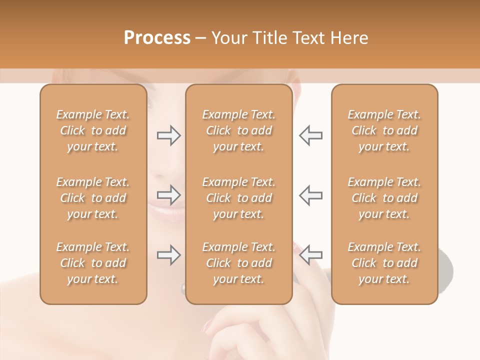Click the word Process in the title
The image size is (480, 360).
[157, 38]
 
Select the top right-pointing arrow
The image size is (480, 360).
[168, 135]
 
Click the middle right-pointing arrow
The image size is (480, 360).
[168, 195]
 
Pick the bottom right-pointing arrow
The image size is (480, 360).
[168, 255]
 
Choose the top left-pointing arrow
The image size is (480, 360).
[311, 135]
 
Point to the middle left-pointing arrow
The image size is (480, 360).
[311, 195]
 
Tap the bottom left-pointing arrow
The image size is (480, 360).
[311, 255]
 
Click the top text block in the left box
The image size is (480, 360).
[93, 130]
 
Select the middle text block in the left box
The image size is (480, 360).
[93, 198]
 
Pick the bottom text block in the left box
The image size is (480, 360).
[93, 263]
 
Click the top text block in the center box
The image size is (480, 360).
[239, 130]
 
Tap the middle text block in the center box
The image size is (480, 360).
[239, 198]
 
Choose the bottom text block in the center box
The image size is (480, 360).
[239, 263]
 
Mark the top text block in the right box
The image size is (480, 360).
[384, 130]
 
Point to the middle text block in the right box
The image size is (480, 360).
[384, 198]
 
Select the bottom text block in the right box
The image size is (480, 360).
[384, 263]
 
